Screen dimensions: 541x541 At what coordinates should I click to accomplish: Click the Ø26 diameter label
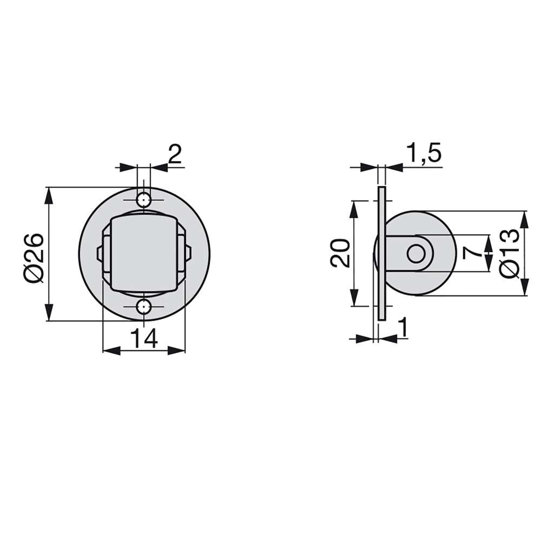pyautogui.click(x=34, y=258)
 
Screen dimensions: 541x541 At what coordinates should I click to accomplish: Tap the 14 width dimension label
pyautogui.click(x=144, y=339)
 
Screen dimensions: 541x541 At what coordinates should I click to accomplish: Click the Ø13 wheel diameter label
pyautogui.click(x=510, y=253)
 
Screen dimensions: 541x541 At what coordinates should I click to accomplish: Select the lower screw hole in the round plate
pyautogui.click(x=144, y=307)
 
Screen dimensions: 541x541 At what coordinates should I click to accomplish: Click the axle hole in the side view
pyautogui.click(x=415, y=254)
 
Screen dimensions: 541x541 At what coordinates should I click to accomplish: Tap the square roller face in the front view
pyautogui.click(x=144, y=253)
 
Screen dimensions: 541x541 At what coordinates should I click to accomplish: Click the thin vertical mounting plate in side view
pyautogui.click(x=382, y=253)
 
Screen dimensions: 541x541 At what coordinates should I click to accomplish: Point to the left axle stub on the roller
pyautogui.click(x=99, y=253)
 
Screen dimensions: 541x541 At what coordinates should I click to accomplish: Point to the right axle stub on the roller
pyautogui.click(x=189, y=253)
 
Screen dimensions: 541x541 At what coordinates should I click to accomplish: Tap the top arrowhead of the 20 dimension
pyautogui.click(x=354, y=209)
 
